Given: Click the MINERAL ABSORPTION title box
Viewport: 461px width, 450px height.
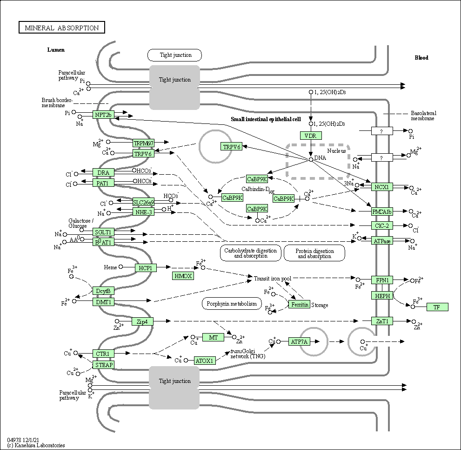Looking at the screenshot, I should pyautogui.click(x=61, y=28).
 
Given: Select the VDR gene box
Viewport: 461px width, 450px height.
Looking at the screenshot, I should pyautogui.click(x=310, y=136).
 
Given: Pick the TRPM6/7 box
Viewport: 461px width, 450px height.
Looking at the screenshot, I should pyautogui.click(x=143, y=143).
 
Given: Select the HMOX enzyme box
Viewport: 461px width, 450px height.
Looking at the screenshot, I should pyautogui.click(x=183, y=276).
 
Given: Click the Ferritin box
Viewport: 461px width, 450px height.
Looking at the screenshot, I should pyautogui.click(x=299, y=305).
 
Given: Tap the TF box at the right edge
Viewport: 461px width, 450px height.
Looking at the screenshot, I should pyautogui.click(x=437, y=307).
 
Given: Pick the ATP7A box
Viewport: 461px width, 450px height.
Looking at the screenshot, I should pyautogui.click(x=299, y=342).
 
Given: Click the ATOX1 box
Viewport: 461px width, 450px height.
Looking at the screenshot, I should pyautogui.click(x=204, y=360).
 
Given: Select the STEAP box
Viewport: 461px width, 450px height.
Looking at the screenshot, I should pyautogui.click(x=103, y=365).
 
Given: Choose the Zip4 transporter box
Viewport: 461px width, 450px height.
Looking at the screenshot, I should pyautogui.click(x=142, y=321).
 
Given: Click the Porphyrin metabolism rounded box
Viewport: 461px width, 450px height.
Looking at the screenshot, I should pyautogui.click(x=232, y=304).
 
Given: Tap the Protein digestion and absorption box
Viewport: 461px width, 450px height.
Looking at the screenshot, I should pyautogui.click(x=314, y=253).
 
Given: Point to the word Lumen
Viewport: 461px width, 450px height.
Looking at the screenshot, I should pyautogui.click(x=56, y=50).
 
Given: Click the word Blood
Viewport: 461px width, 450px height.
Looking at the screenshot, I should pyautogui.click(x=421, y=58).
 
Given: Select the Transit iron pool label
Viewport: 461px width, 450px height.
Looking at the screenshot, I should pyautogui.click(x=272, y=279).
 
